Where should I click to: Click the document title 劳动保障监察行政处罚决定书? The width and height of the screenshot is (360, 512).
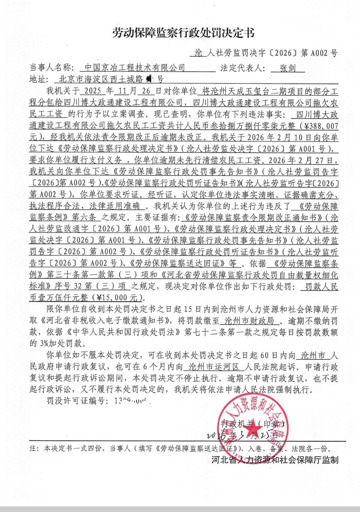click(x=183, y=33)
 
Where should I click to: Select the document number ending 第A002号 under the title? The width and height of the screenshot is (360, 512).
click(x=266, y=53)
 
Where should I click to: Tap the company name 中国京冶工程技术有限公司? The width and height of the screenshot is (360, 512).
click(x=135, y=68)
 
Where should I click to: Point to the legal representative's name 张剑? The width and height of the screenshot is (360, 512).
click(x=288, y=68)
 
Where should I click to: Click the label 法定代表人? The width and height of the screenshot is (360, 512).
click(x=243, y=68)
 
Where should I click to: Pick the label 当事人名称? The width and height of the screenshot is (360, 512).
click(x=51, y=68)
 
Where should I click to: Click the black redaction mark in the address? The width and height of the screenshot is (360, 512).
click(x=150, y=79)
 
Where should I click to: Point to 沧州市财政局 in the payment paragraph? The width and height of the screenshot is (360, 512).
click(x=249, y=321)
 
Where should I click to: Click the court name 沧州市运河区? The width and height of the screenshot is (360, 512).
click(x=214, y=366)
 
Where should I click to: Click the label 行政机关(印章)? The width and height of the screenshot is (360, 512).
click(x=253, y=424)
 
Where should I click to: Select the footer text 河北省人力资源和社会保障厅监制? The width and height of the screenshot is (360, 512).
click(x=275, y=460)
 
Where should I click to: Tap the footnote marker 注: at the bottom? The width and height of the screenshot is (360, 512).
click(x=34, y=448)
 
